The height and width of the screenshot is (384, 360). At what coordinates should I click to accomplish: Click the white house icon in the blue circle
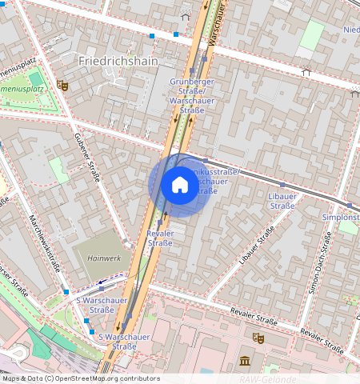point(180,185)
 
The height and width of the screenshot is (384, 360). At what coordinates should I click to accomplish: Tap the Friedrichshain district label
point(119,60)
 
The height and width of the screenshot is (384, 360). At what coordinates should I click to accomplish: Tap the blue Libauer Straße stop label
point(282,201)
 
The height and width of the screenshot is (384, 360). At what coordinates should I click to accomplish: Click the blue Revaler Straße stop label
point(161,238)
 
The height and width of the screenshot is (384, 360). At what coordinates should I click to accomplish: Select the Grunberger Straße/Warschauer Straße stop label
point(186,96)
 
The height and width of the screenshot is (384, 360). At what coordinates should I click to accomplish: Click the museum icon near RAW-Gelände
point(245,361)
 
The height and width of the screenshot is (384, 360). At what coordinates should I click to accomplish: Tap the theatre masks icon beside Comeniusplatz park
point(64,85)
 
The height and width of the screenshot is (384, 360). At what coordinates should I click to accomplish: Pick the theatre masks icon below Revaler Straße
point(258,338)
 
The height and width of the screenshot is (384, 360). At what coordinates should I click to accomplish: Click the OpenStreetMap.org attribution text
point(80,378)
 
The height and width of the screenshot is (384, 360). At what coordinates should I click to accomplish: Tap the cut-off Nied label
point(350,30)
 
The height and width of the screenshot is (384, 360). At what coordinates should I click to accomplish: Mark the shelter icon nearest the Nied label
point(305,71)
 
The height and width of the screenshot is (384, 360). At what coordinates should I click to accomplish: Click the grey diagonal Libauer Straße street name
point(256,245)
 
